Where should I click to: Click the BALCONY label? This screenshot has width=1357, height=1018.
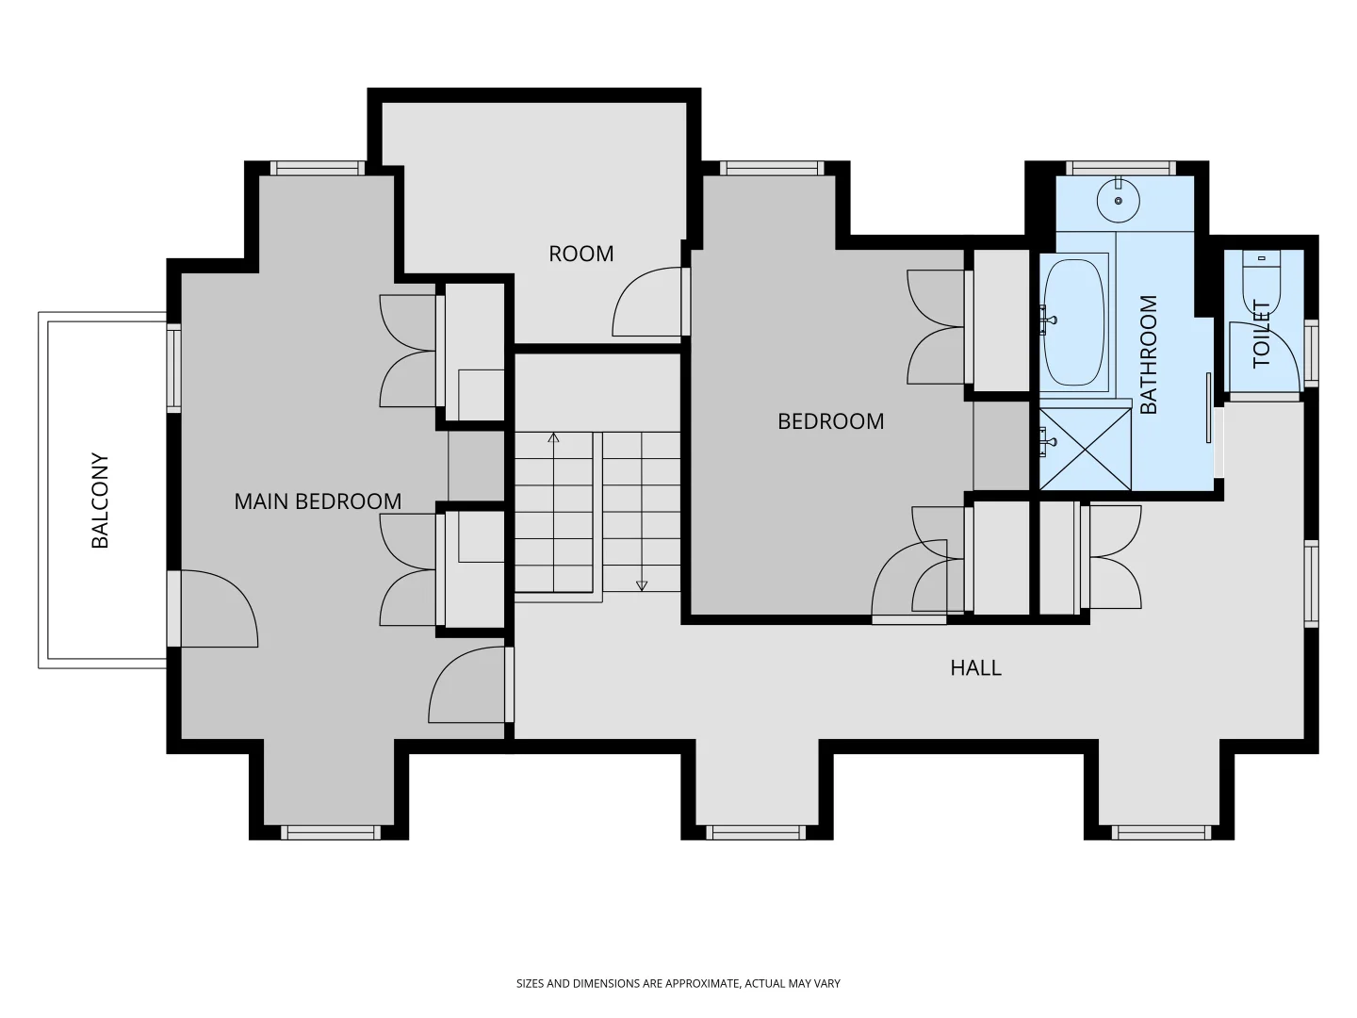click(x=100, y=501)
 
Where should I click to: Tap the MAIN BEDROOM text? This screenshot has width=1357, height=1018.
click(x=318, y=501)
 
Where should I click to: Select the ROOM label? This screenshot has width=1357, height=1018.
click(x=581, y=254)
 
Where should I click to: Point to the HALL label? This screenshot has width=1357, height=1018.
click(x=975, y=667)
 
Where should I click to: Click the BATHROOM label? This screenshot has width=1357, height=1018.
click(x=1148, y=354)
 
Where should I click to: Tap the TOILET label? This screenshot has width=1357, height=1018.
click(x=1261, y=334)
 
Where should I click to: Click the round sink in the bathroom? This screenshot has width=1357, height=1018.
click(x=1119, y=200)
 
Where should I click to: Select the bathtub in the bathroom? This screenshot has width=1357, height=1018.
click(x=1074, y=322)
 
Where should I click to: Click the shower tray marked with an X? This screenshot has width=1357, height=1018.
click(x=1085, y=449)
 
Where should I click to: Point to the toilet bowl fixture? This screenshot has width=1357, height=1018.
click(x=1261, y=285)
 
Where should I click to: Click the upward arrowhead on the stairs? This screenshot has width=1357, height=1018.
click(x=553, y=437)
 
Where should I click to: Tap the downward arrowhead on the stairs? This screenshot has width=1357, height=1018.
click(x=642, y=585)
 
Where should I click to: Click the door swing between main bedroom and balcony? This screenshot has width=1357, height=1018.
click(x=219, y=608)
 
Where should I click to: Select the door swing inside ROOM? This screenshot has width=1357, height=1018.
click(x=646, y=302)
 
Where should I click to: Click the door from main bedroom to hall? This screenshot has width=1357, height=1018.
click(x=466, y=684)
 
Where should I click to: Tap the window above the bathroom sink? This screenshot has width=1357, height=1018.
click(x=1120, y=168)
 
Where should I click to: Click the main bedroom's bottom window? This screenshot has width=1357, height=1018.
click(x=331, y=832)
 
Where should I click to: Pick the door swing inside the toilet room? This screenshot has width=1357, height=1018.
click(x=1265, y=356)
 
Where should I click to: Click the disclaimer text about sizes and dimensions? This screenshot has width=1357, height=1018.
click(x=678, y=983)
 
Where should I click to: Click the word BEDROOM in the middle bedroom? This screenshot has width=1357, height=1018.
click(x=830, y=421)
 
